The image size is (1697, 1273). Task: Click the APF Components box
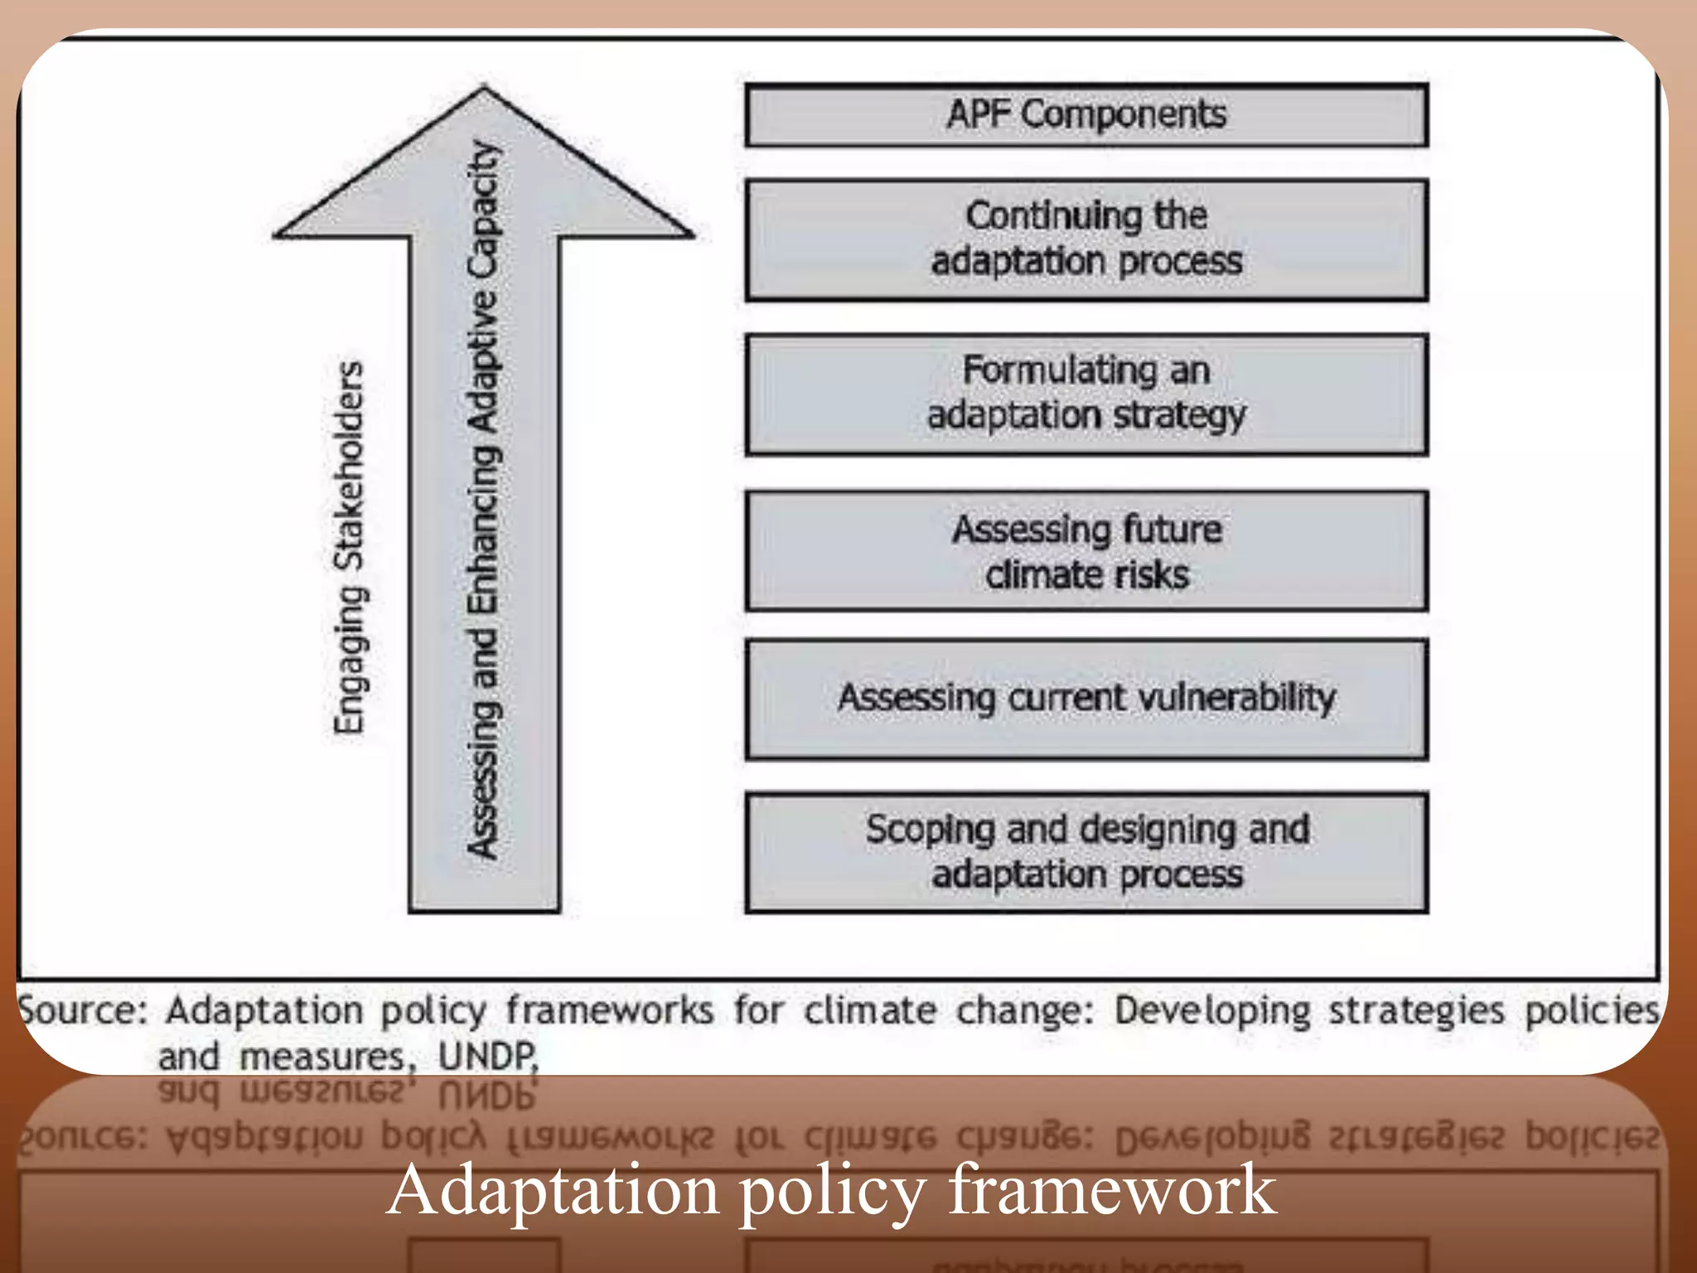(x=1086, y=115)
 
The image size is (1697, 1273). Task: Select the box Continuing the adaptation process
(x=1086, y=240)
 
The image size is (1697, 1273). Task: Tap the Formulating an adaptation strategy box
(x=1086, y=394)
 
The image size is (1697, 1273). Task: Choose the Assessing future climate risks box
(x=1086, y=551)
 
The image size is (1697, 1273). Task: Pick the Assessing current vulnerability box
(x=1086, y=699)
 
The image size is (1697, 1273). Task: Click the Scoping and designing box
(x=1086, y=853)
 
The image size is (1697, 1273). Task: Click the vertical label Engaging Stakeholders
(x=349, y=547)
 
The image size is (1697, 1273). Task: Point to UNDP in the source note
(x=488, y=1057)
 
